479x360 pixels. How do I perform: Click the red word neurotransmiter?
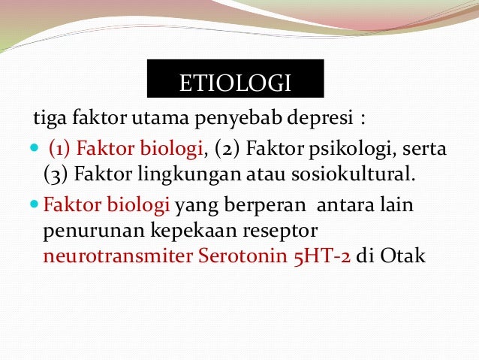tap(119, 256)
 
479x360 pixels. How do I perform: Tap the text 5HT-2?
tap(323, 256)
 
